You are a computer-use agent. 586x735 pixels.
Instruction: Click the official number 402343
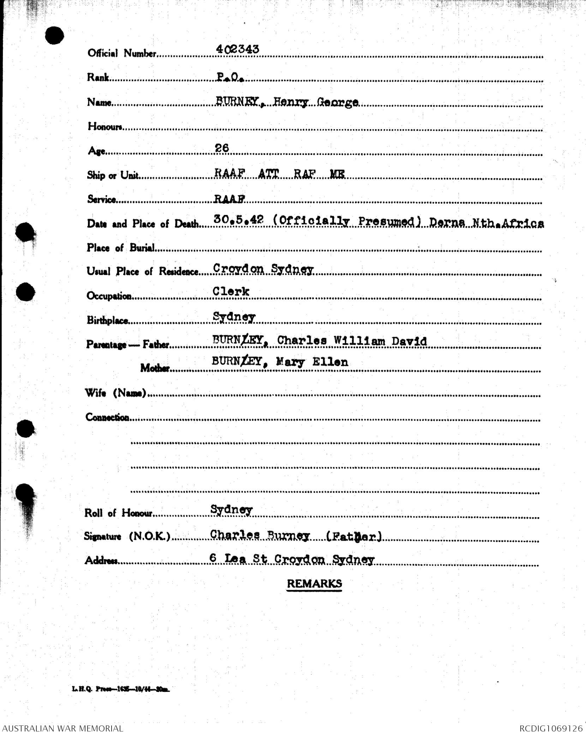[237, 49]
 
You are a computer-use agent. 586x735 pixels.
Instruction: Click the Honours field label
[105, 126]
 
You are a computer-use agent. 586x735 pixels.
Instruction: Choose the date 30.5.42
[239, 220]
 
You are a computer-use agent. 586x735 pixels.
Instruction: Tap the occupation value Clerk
[231, 292]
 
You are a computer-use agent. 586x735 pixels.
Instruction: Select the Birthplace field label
[108, 320]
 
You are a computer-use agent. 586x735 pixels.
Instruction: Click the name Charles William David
[352, 341]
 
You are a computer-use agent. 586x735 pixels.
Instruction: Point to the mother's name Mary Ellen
[312, 362]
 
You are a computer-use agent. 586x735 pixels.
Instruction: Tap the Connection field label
[107, 417]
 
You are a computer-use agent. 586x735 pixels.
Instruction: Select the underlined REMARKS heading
[314, 584]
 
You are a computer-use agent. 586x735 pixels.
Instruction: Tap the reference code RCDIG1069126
[551, 728]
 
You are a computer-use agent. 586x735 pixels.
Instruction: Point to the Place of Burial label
[121, 248]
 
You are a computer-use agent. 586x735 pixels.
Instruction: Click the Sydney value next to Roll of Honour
[231, 510]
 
